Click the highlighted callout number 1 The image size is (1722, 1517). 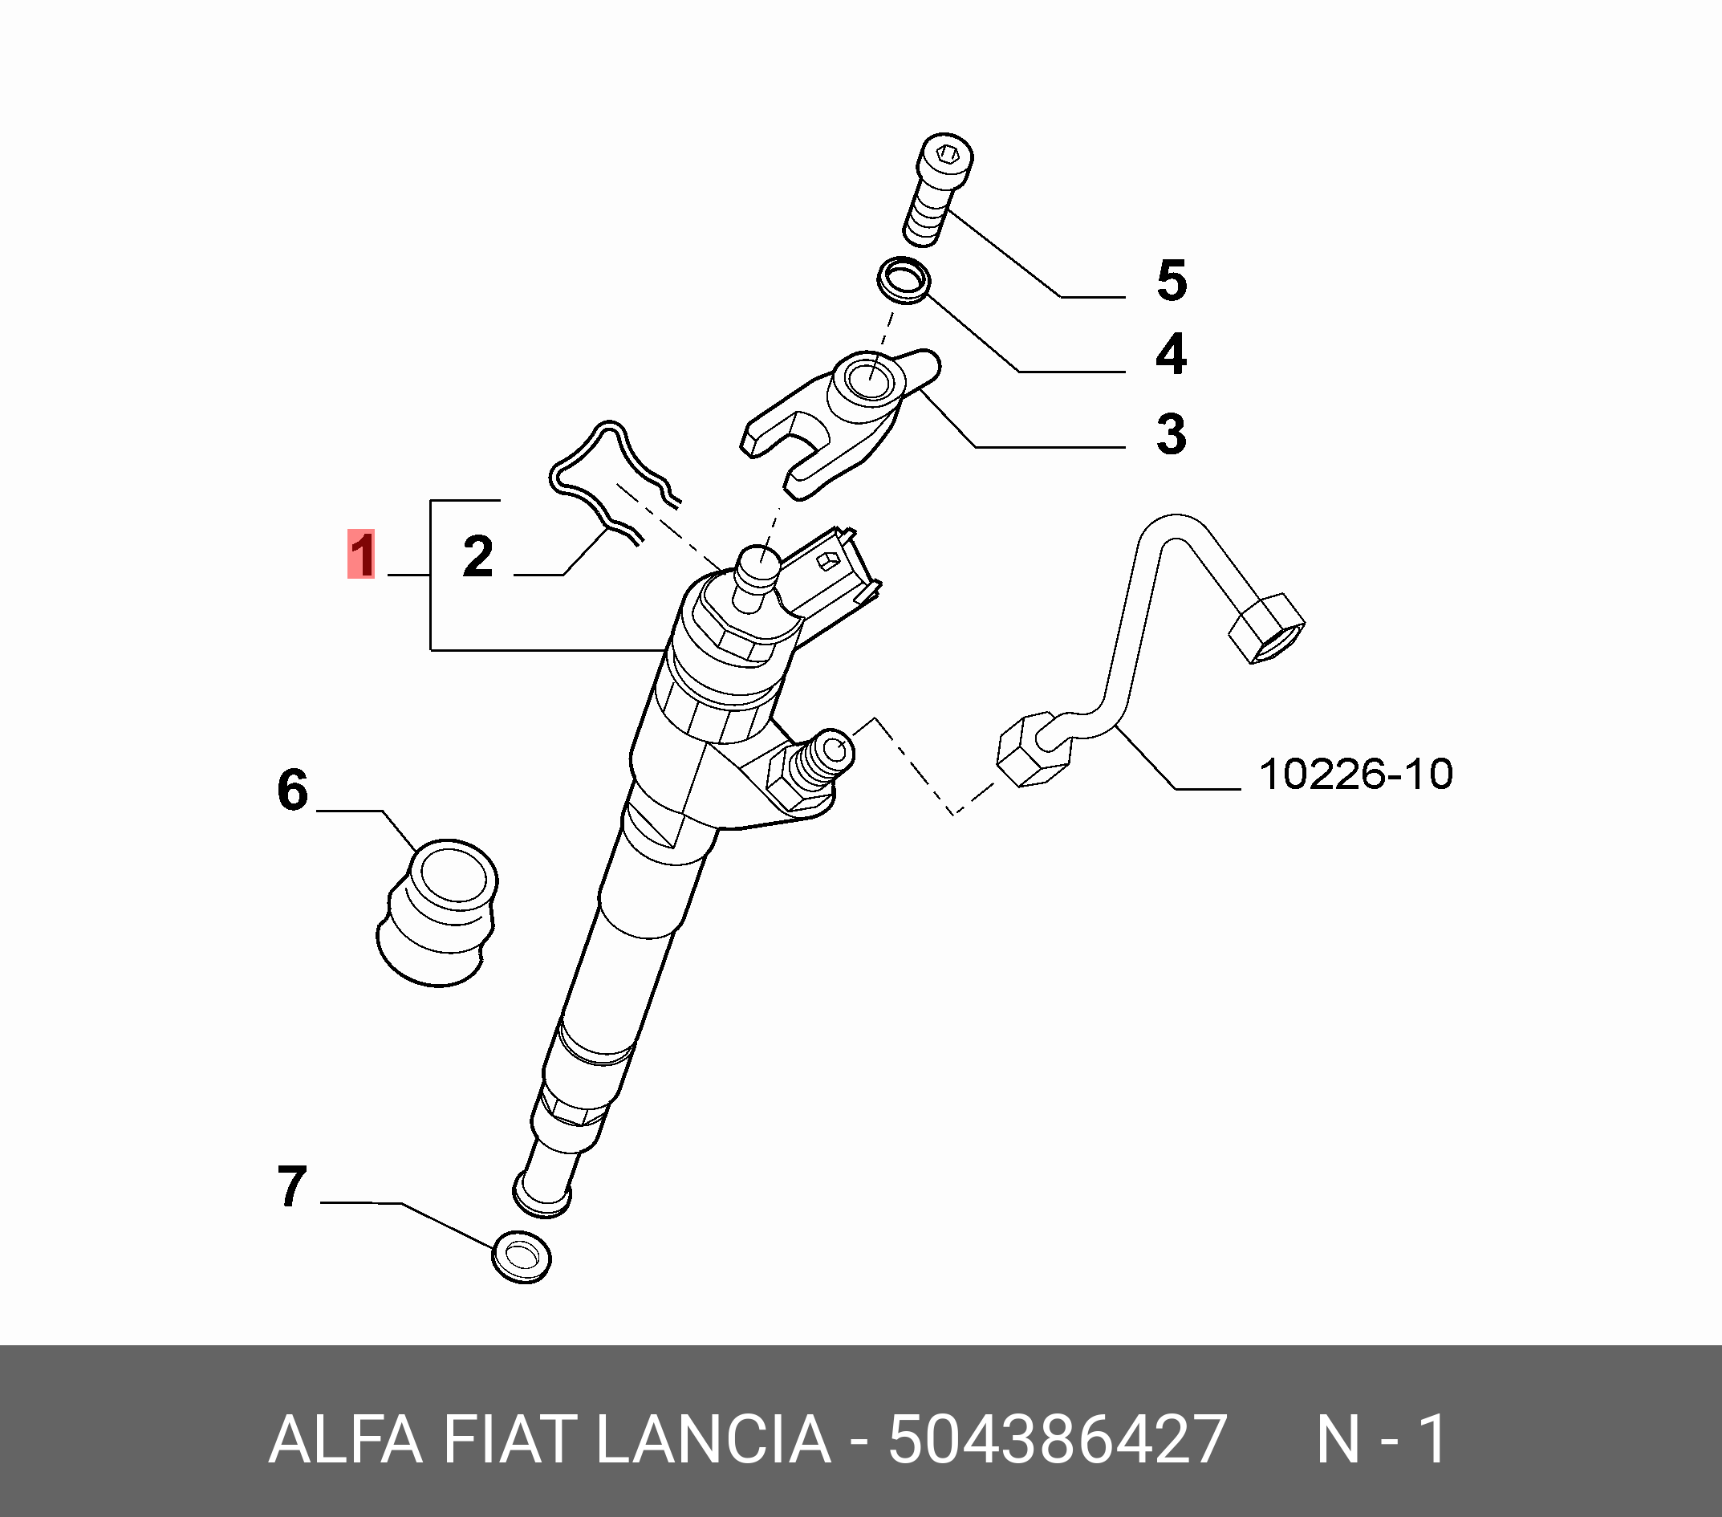pos(360,555)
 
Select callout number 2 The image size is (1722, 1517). pos(477,556)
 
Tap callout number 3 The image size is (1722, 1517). pos(1171,435)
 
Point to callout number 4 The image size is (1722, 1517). pos(1171,354)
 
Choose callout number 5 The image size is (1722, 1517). pos(1172,281)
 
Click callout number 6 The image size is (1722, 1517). pos(292,790)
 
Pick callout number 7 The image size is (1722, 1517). pos(291,1186)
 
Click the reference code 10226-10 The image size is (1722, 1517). pos(1355,774)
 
